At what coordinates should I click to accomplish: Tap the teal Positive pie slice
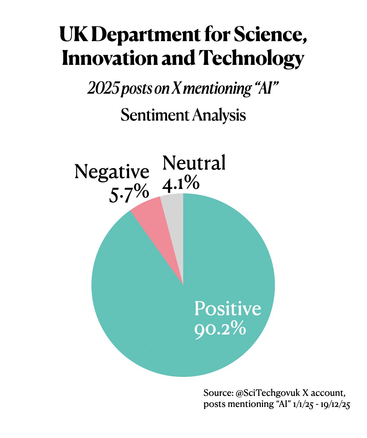pos(177,316)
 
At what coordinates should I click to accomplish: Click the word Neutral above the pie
pos(194,163)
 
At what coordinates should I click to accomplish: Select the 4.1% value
pos(181,183)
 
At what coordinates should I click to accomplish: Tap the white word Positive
pos(227,308)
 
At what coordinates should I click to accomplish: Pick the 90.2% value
pos(220,329)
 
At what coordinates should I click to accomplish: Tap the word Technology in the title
pos(251,59)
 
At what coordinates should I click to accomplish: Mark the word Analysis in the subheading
pos(220,115)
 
